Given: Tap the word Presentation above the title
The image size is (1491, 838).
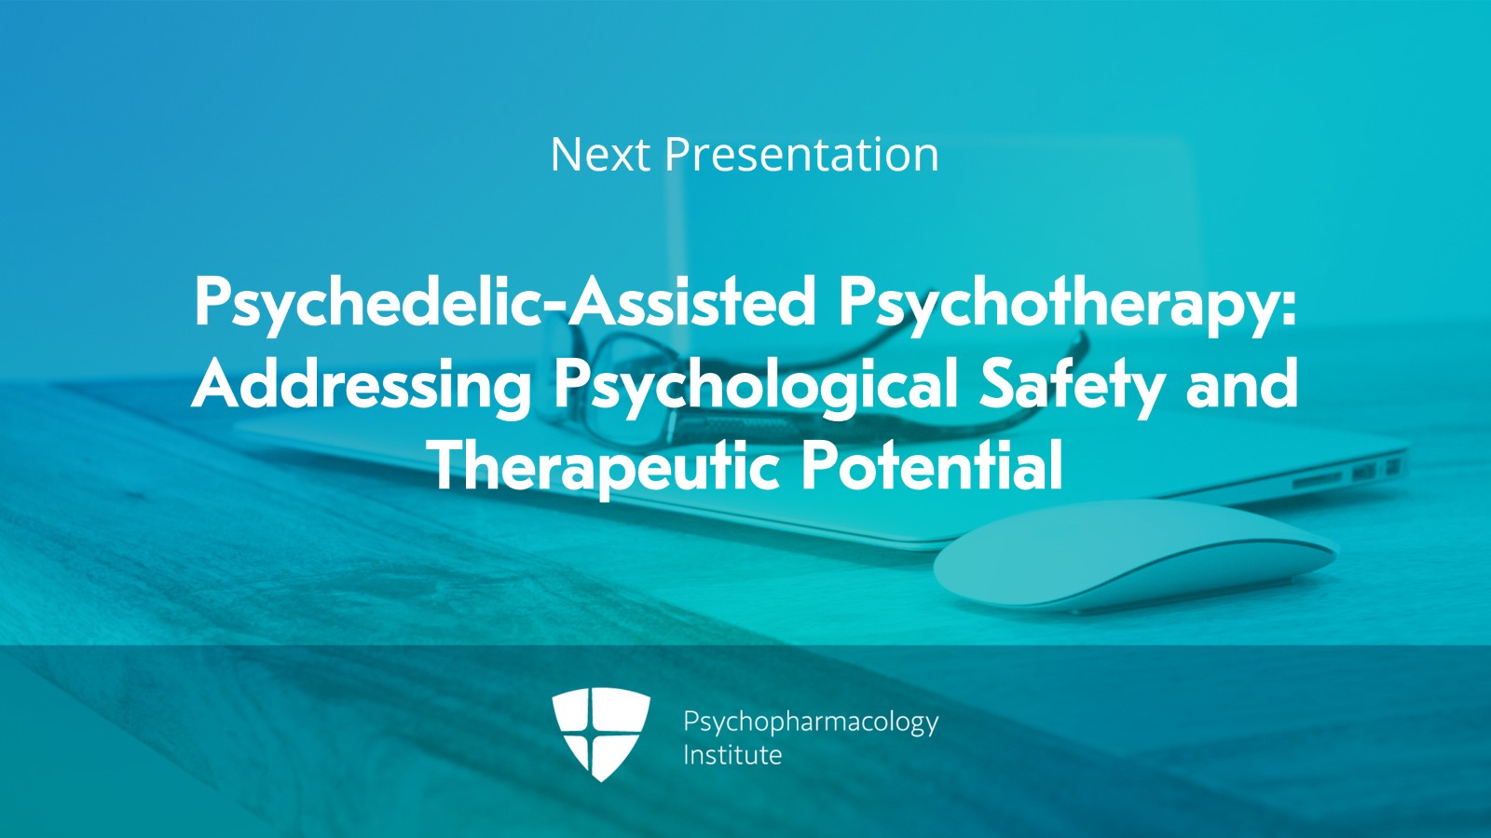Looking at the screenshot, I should click(x=800, y=155).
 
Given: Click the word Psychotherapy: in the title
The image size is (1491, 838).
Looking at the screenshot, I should click(x=1067, y=304).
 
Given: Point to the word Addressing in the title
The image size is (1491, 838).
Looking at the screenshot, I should click(x=362, y=384).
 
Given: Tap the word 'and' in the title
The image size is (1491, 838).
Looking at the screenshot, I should click(x=1241, y=384).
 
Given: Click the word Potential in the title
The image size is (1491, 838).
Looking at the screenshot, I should click(x=932, y=465).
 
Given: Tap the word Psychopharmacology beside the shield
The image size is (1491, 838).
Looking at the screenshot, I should click(x=810, y=722).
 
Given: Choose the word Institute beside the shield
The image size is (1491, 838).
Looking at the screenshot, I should click(x=732, y=755).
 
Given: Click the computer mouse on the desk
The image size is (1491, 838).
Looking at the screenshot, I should click(x=1132, y=559).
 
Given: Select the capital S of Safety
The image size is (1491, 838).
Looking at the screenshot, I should click(x=998, y=384).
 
